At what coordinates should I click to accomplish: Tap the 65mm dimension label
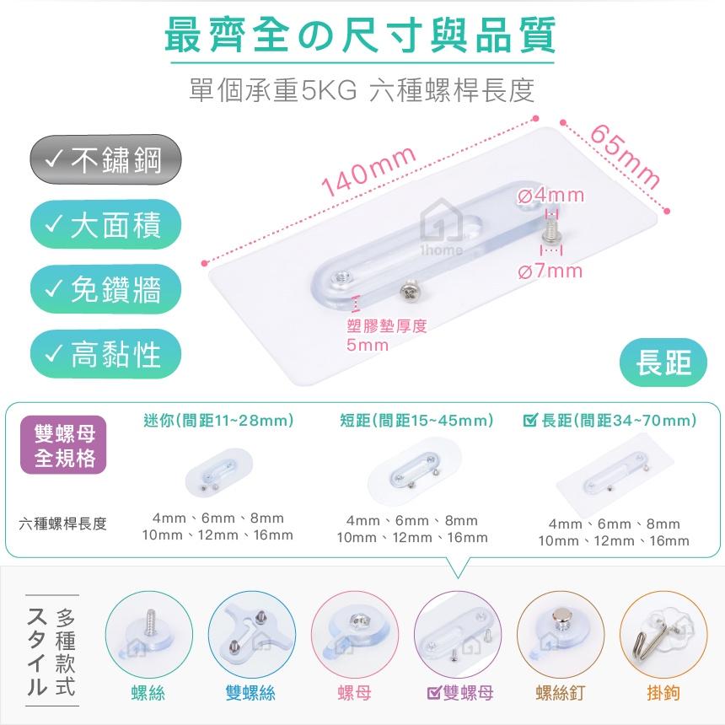[625, 157]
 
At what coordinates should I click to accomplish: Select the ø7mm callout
[550, 271]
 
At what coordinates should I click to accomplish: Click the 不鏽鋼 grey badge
[105, 159]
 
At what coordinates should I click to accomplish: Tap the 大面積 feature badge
[105, 225]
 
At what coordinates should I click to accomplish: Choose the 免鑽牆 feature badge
[105, 290]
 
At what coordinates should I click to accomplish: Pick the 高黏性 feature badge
[105, 354]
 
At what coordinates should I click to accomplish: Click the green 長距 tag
[667, 363]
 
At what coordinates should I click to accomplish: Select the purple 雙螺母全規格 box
[64, 446]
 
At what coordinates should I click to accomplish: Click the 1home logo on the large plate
[437, 233]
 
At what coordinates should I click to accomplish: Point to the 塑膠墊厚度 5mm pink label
[386, 335]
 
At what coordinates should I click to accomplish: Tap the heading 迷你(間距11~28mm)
[218, 419]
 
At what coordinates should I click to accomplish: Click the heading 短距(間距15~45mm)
[416, 419]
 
